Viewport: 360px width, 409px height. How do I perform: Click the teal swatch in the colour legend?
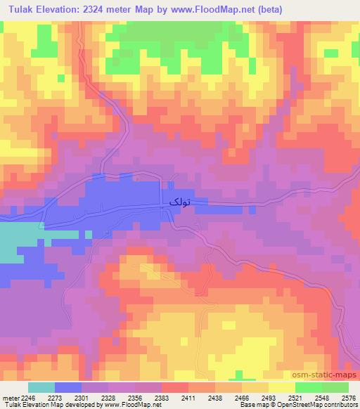tap(41, 387)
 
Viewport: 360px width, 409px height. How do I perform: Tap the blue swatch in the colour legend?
tap(68, 387)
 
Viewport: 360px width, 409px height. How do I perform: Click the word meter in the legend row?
tap(8, 397)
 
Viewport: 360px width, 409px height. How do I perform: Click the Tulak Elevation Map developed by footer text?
tap(53, 405)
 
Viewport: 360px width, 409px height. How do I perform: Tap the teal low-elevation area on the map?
tap(18, 242)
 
